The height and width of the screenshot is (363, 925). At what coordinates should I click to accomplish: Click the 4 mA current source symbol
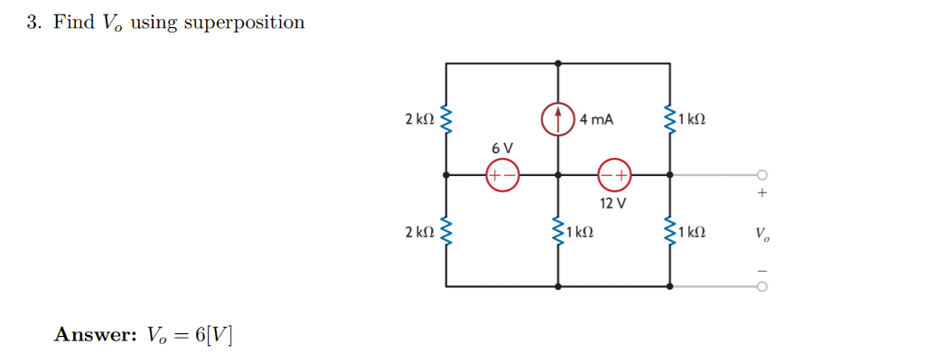point(558,119)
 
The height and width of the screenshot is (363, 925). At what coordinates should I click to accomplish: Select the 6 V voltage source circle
point(502,175)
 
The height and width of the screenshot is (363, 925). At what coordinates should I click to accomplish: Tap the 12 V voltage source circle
point(615,175)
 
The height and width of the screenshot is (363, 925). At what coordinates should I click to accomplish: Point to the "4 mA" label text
point(596,119)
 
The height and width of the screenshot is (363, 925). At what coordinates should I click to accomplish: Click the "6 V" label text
point(502,147)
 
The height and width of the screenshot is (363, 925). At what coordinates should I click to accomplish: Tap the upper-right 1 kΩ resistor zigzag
point(670,119)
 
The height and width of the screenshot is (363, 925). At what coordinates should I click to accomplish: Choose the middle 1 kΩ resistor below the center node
point(558,232)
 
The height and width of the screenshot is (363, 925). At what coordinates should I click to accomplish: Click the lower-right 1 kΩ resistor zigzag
point(670,232)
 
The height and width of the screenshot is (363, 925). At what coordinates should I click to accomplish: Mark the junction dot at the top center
point(558,63)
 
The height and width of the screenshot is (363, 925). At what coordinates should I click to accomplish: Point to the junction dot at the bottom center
point(558,286)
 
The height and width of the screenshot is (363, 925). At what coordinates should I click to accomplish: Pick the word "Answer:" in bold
point(94,335)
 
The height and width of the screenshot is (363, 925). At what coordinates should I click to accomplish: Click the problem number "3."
point(33,23)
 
